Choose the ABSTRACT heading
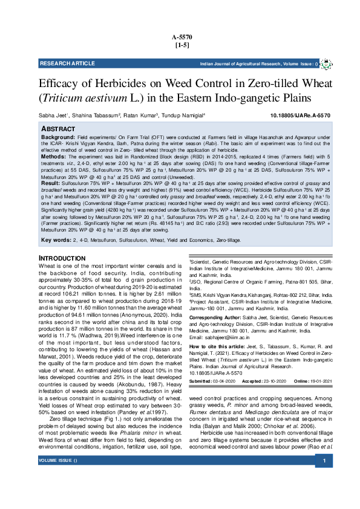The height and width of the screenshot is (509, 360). tap(58, 129)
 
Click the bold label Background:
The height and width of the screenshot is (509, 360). tap(57, 138)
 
